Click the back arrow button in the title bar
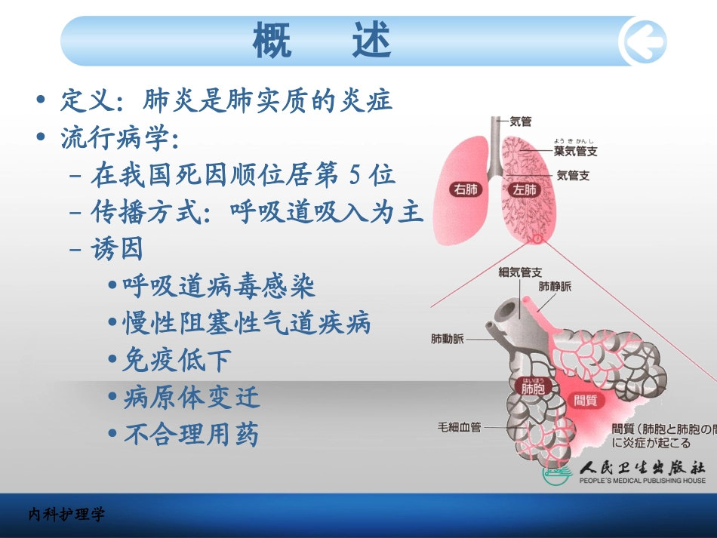tap(642, 41)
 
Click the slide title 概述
tap(322, 41)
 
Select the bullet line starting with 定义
tap(226, 100)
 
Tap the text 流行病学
tap(119, 138)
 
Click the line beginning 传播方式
tap(257, 212)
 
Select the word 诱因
tap(117, 249)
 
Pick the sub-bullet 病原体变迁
tap(192, 397)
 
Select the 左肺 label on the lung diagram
tap(523, 189)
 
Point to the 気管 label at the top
tap(521, 121)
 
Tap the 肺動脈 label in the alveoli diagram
tap(448, 340)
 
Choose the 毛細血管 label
tap(459, 427)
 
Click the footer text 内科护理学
tap(67, 515)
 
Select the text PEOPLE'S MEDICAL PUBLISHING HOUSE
tap(642, 481)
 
